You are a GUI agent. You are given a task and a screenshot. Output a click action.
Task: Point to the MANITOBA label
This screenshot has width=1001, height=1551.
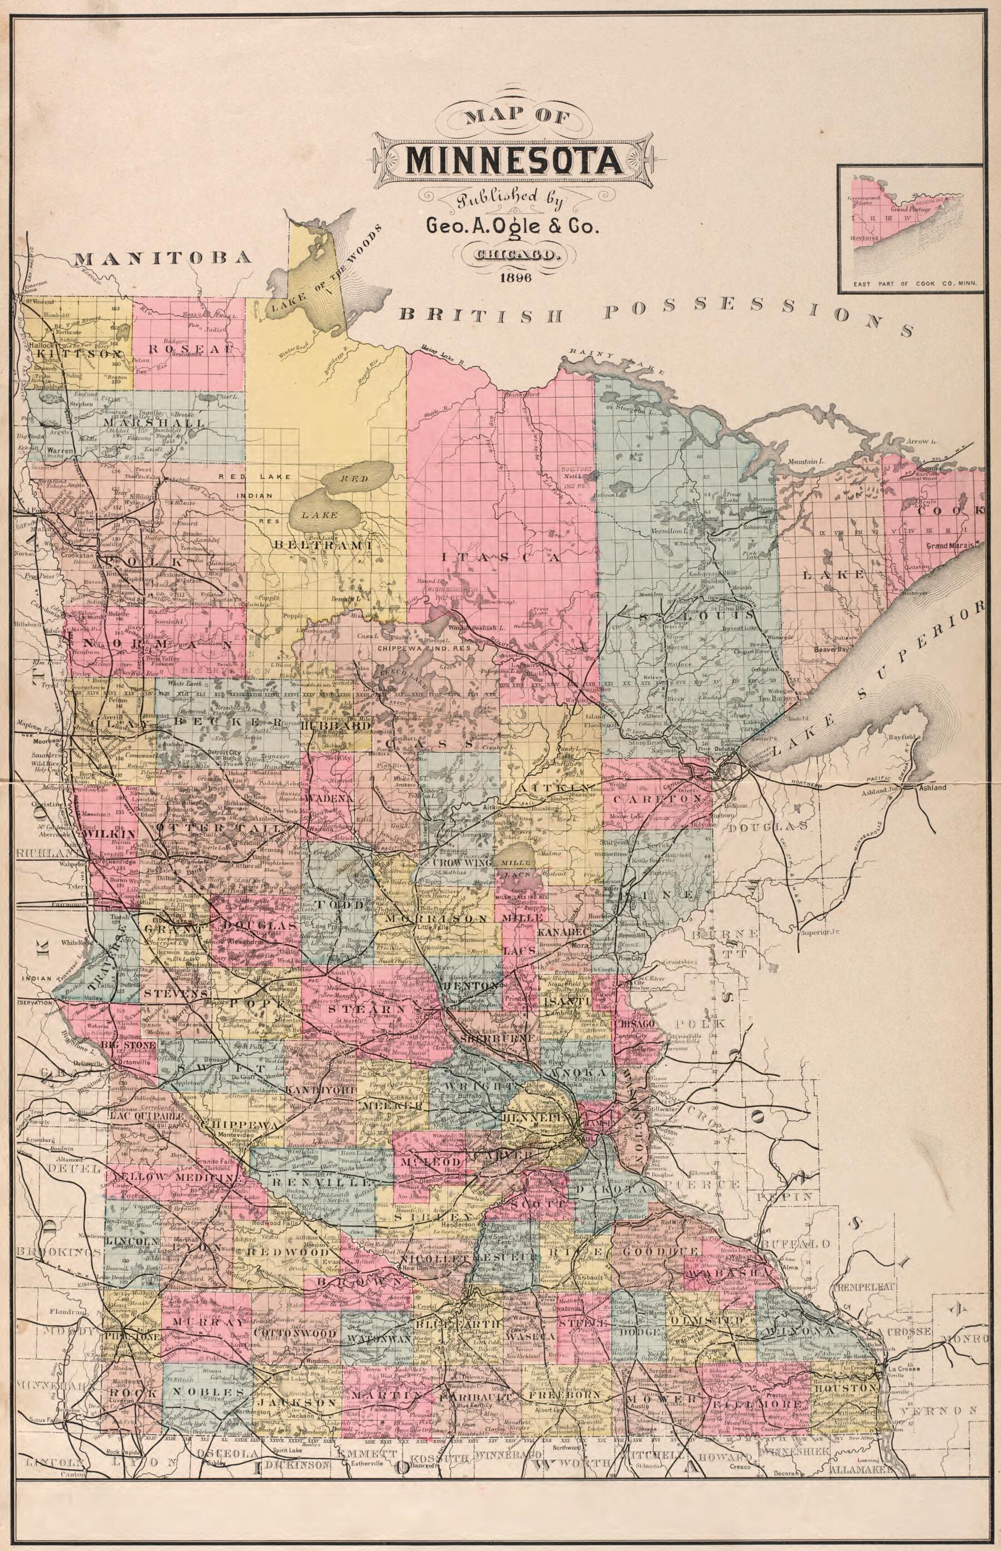[163, 258]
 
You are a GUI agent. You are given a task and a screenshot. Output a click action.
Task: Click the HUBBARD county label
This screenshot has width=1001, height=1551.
[352, 721]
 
